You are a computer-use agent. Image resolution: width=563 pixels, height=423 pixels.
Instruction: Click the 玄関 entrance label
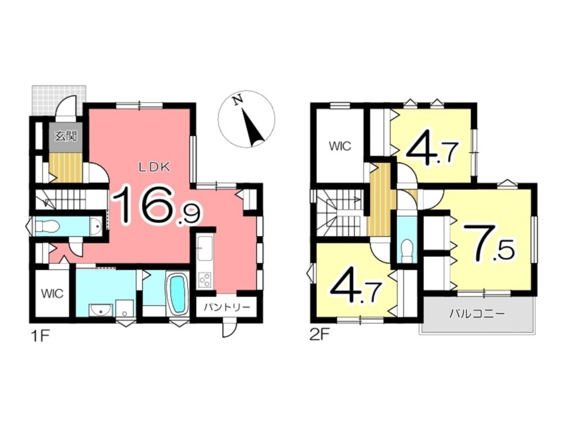pyautogui.click(x=66, y=136)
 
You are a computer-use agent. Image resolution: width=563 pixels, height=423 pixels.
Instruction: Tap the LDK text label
pyautogui.click(x=154, y=167)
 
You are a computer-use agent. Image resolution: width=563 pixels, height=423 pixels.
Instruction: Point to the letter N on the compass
pyautogui.click(x=237, y=101)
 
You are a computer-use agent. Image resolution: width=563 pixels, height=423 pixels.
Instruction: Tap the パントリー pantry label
pyautogui.click(x=226, y=307)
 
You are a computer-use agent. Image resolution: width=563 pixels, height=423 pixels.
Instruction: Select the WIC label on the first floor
pyautogui.click(x=52, y=293)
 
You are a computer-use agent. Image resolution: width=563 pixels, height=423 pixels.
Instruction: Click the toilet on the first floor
pyautogui.click(x=47, y=227)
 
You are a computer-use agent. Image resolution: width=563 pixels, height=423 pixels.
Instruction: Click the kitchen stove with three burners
pyautogui.click(x=205, y=280)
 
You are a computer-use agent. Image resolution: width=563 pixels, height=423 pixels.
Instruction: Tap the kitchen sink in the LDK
pyautogui.click(x=205, y=249)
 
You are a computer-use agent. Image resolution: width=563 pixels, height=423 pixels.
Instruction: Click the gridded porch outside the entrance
pyautogui.click(x=59, y=100)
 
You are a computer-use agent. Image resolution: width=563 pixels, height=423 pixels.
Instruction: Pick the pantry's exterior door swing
pyautogui.click(x=229, y=328)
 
